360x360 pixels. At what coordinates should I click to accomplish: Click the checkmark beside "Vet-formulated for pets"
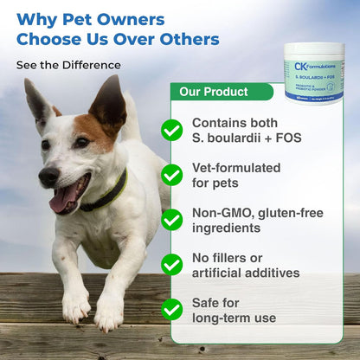[x=172, y=175]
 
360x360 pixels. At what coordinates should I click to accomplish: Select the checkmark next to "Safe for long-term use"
[x=172, y=309]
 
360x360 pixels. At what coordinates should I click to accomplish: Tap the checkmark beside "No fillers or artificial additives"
[x=172, y=265]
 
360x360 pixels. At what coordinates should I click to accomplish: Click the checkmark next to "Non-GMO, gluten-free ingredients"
[x=172, y=220]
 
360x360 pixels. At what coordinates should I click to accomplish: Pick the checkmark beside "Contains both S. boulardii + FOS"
[x=172, y=130]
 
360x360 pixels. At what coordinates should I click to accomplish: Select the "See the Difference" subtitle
[x=68, y=65]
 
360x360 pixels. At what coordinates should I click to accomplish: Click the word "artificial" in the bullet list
[x=221, y=273]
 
